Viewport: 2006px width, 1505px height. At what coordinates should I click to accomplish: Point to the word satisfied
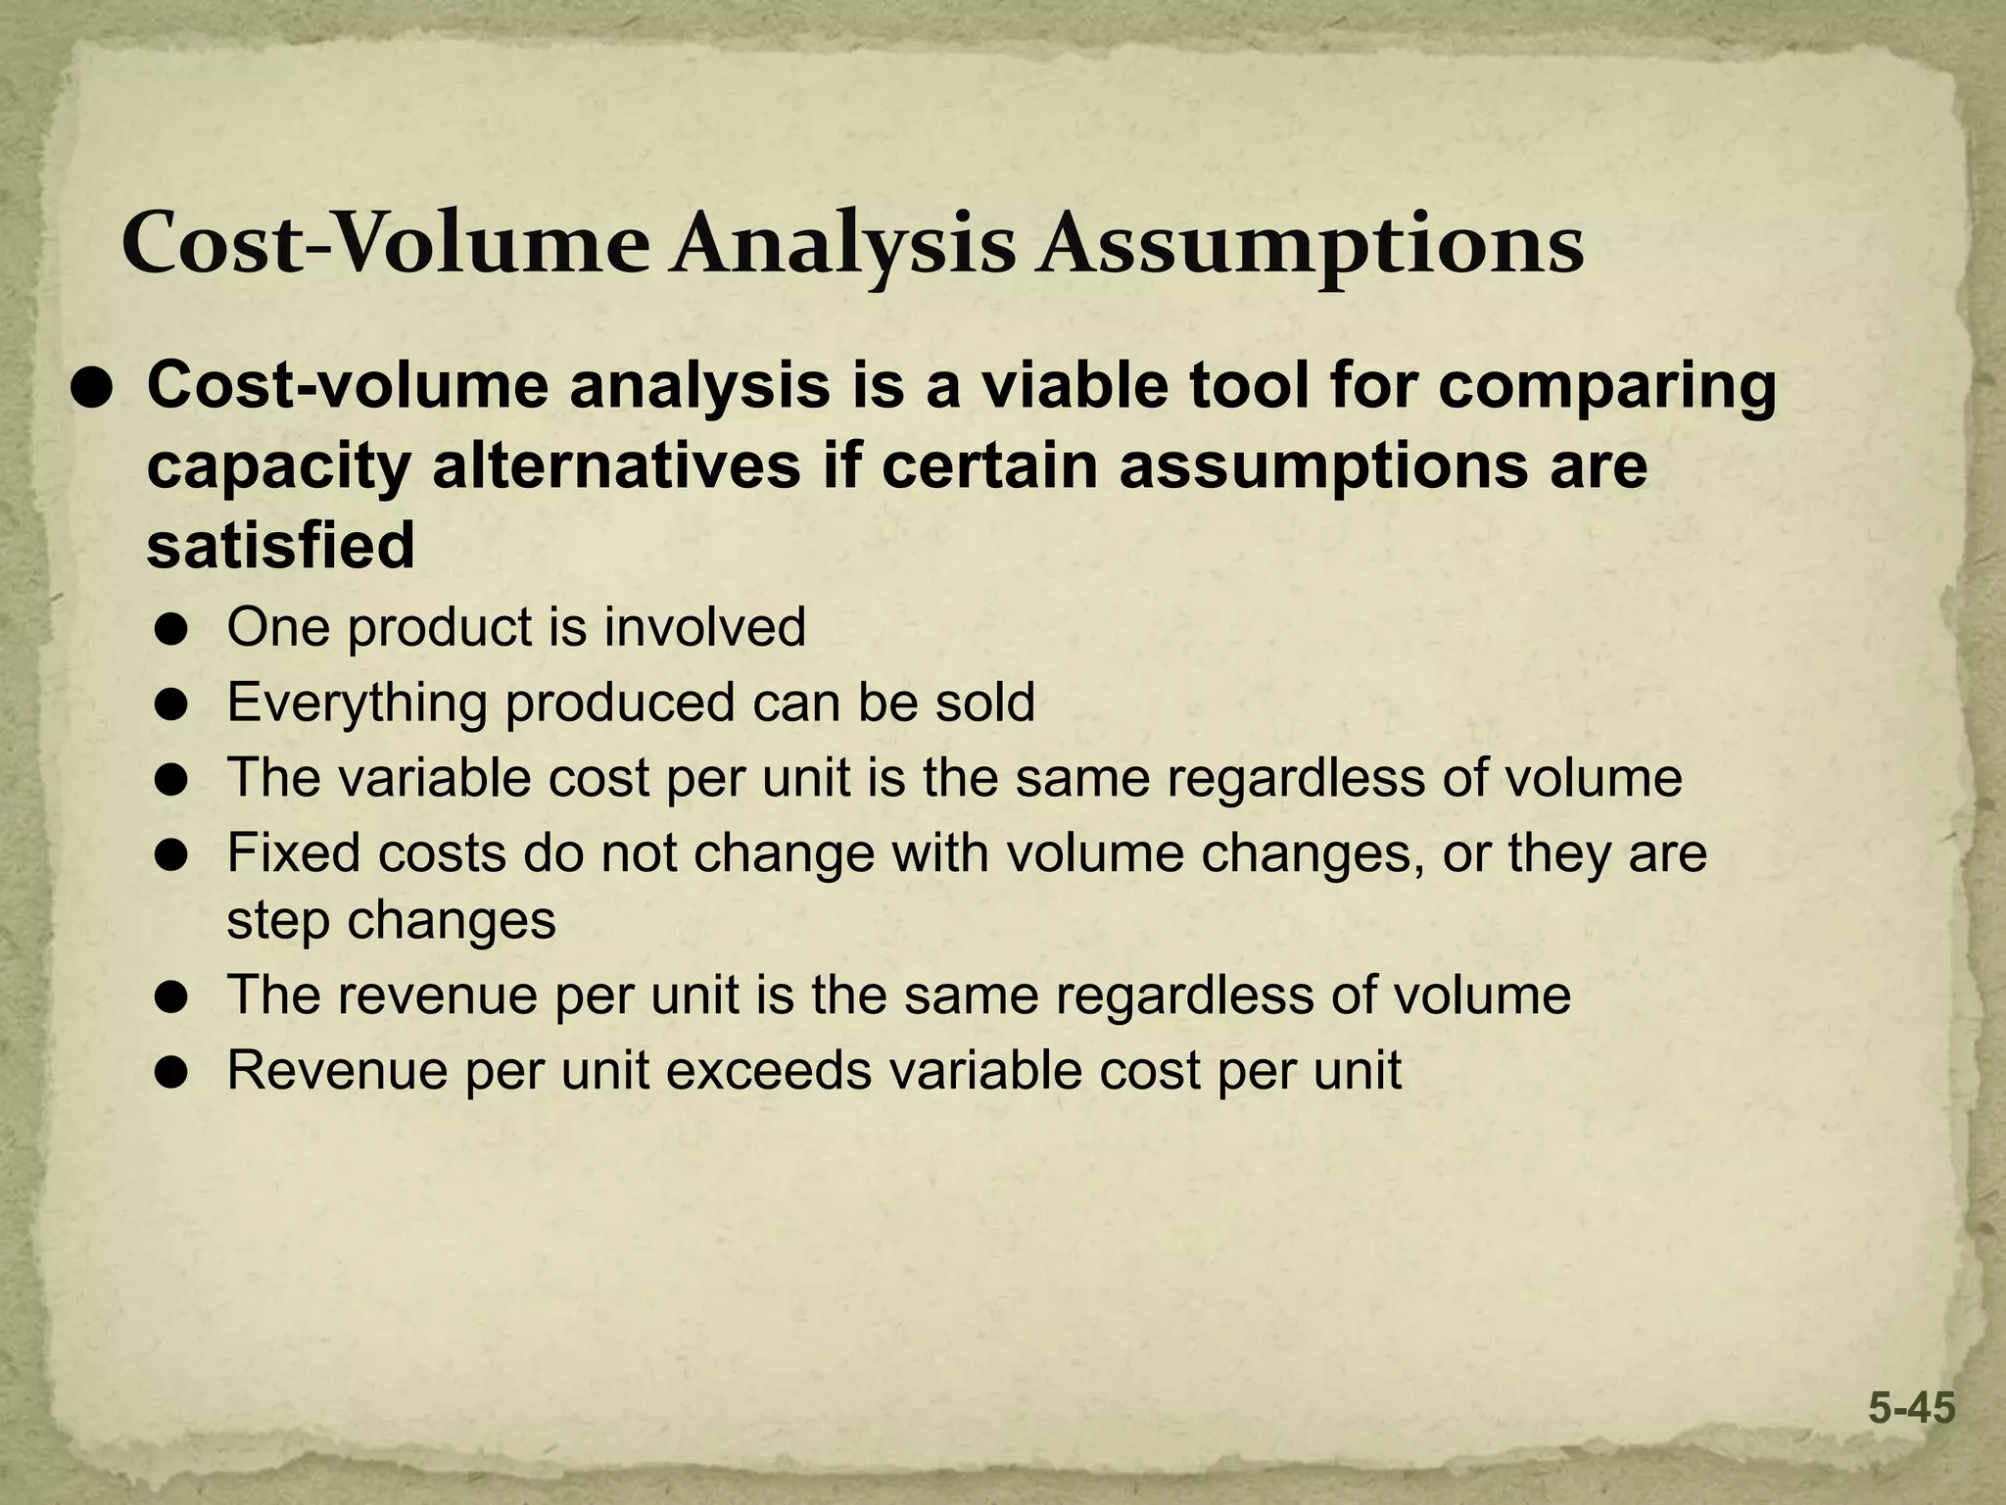281,545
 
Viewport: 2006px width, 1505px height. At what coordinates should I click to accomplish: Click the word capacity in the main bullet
278,468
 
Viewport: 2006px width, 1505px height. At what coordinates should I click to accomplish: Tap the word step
278,921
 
